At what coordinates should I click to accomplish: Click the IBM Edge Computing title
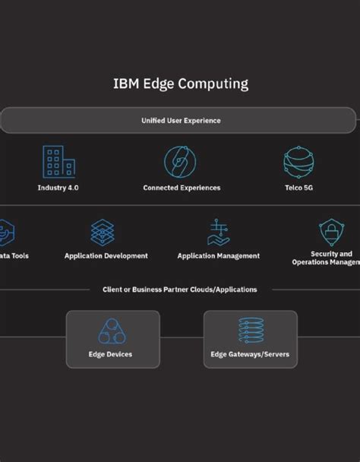tap(180, 84)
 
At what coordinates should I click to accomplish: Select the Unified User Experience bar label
tap(180, 120)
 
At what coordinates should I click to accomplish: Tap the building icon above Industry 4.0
tap(58, 162)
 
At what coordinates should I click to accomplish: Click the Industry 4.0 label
tap(58, 188)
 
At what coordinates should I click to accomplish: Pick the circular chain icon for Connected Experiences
tap(180, 162)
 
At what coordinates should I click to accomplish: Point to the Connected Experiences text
tap(182, 188)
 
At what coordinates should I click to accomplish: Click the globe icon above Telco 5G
tap(298, 162)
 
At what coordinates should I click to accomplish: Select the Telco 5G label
tap(298, 188)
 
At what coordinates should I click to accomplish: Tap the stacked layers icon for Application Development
tap(103, 232)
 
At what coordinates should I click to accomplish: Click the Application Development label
tap(106, 256)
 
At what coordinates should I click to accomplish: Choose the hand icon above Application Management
tap(219, 232)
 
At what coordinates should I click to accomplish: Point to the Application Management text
tap(219, 256)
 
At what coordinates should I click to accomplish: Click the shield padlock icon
tap(331, 232)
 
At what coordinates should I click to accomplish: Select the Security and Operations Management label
tap(327, 258)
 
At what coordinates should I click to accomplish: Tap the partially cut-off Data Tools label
tap(14, 256)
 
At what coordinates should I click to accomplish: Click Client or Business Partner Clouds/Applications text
tap(180, 290)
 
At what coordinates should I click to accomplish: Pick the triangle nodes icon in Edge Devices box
tap(112, 331)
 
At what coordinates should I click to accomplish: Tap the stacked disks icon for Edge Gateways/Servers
tap(250, 331)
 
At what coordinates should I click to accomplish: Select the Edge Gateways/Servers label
tap(250, 354)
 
